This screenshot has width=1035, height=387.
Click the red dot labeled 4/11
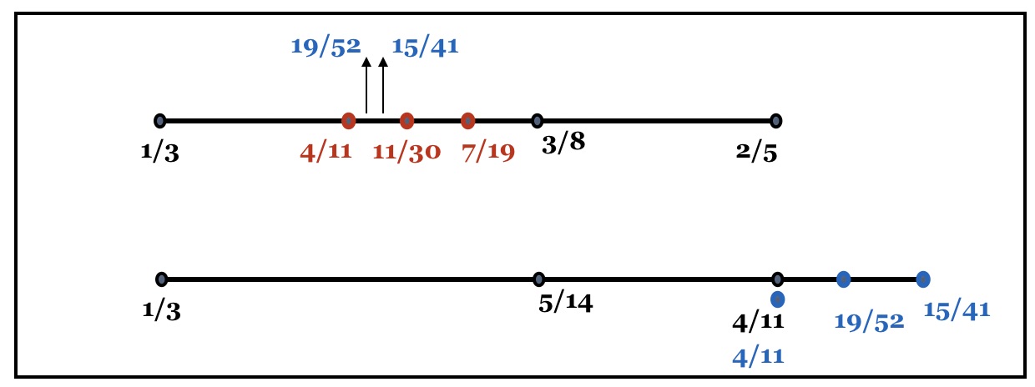coord(349,121)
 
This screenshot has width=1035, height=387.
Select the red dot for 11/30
coord(406,121)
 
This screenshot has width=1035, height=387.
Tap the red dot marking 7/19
coord(467,121)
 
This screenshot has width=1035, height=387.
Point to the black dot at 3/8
coord(538,121)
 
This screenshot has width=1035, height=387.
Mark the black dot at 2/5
coord(776,121)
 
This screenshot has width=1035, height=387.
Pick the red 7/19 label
coord(488,153)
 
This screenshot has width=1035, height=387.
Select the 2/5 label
coord(757,153)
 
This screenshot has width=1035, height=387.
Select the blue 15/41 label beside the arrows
coord(425,45)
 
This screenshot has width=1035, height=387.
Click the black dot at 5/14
coord(539,279)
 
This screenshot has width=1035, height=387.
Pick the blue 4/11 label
coord(758,357)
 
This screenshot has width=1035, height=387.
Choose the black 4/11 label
coord(758,322)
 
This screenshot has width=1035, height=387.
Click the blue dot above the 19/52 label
coord(844,279)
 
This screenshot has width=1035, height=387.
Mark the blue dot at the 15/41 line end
coord(922,279)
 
